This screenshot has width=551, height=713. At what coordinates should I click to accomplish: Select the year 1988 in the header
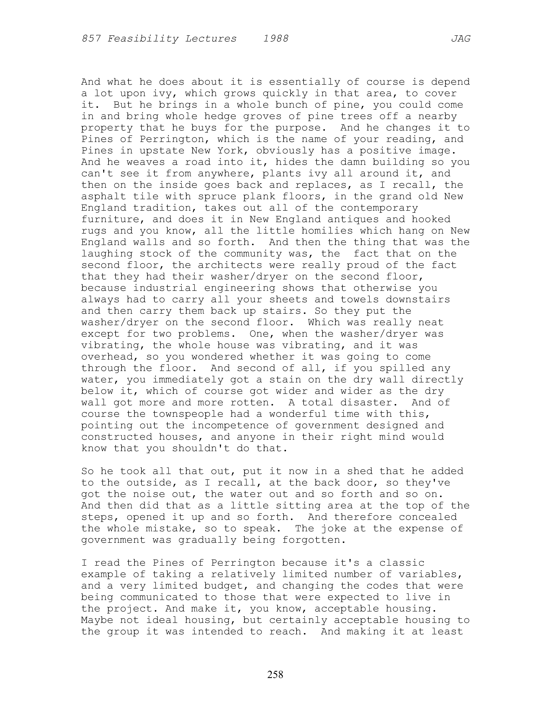[x=276, y=39]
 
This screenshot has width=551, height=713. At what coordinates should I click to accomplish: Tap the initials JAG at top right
[x=461, y=39]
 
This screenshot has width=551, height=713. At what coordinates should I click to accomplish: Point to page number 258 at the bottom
[x=275, y=674]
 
